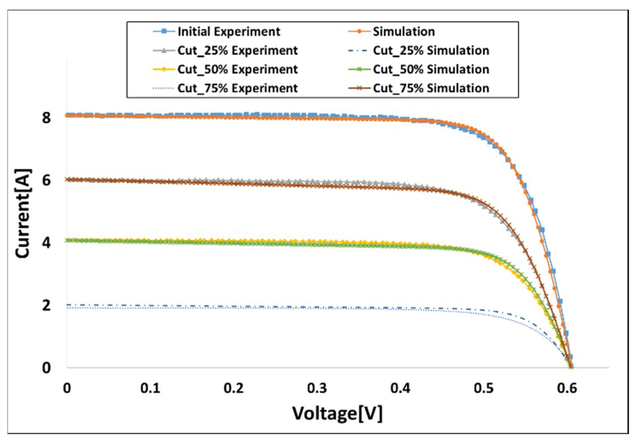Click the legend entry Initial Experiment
229,31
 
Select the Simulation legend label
404,31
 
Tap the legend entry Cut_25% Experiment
237,50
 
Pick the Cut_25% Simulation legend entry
431,50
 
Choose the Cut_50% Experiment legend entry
237,69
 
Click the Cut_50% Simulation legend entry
431,69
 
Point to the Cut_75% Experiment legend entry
237,88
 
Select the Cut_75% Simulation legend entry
431,88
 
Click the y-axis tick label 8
46,118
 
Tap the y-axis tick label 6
46,181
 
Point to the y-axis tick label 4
46,243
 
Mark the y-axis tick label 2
46,305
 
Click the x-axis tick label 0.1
150,389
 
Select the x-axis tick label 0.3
317,389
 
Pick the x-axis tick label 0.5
483,389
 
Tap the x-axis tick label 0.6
567,389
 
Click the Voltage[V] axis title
337,414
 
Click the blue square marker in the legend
164,31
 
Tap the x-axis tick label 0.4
400,389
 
